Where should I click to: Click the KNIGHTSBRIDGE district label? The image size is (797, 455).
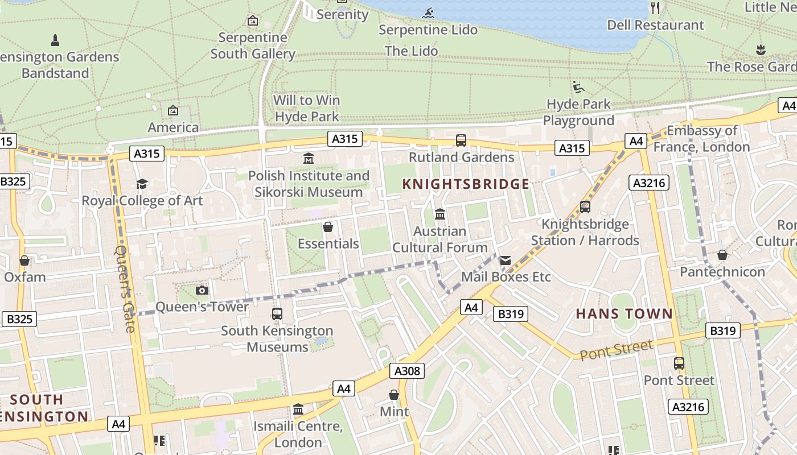point(466,184)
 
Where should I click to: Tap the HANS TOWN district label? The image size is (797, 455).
point(624,313)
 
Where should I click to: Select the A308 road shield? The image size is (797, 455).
point(408,371)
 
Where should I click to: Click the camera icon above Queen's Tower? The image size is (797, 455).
point(202,291)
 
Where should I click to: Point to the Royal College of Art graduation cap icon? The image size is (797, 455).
point(142,184)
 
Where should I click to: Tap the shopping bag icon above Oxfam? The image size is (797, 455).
point(24,260)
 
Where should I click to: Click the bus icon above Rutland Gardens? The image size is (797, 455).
point(461,140)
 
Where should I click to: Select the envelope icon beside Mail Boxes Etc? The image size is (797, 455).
point(505,260)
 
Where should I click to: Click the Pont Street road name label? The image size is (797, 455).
point(617,349)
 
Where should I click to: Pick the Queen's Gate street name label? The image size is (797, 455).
point(125,288)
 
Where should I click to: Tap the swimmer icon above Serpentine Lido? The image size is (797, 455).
point(428,13)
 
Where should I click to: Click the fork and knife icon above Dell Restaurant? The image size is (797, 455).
point(655,8)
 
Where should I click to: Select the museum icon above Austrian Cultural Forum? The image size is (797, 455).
point(439,214)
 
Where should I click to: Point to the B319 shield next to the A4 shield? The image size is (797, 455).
point(511,314)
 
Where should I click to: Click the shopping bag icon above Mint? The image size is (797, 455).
point(394,394)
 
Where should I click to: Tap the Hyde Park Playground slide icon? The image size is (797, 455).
point(578,87)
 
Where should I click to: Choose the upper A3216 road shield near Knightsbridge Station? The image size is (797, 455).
point(649,183)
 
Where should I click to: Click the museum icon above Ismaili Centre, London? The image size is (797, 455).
point(298,409)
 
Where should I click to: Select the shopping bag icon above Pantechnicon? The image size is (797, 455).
point(722,255)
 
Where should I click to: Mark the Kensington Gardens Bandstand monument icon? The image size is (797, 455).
point(55,40)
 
